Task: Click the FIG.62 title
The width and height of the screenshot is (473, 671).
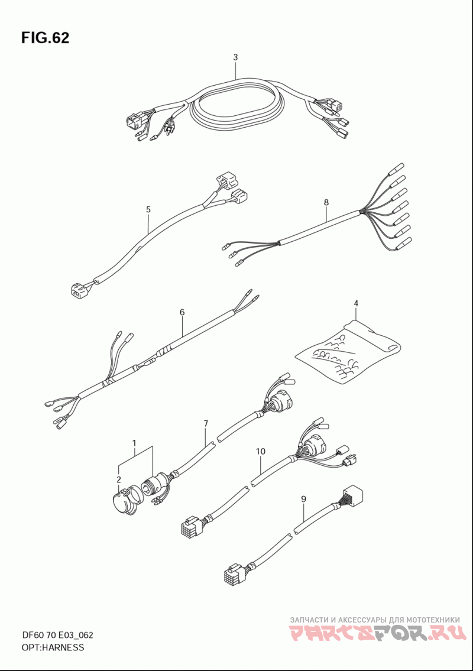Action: click(45, 38)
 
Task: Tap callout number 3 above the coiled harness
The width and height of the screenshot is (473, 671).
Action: click(235, 57)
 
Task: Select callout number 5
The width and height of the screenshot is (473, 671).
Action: click(148, 209)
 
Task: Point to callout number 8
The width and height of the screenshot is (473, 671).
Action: click(326, 202)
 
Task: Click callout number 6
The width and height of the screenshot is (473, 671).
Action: click(182, 312)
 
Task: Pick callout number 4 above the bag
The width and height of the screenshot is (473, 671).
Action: click(356, 303)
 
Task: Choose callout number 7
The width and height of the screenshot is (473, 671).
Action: click(206, 423)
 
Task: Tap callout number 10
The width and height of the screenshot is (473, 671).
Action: click(261, 451)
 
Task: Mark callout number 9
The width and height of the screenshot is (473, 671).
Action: click(303, 498)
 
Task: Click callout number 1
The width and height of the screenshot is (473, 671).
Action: click(134, 442)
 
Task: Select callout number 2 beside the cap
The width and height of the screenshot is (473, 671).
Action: click(119, 479)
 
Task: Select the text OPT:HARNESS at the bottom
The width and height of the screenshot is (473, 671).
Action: click(53, 647)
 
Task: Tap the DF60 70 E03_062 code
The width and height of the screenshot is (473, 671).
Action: click(57, 636)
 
